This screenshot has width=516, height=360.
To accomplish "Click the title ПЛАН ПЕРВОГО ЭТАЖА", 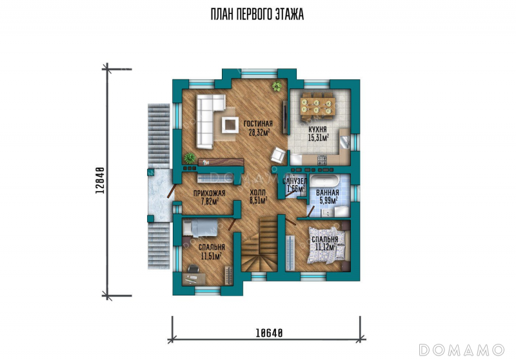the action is pos(257,14).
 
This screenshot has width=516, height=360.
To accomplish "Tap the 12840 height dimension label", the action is pos(100,180).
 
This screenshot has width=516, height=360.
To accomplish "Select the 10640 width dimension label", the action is pos(269,333).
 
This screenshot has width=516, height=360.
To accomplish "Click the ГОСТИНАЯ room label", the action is pos(258,124).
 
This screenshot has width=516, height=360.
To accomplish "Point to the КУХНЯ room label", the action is pos(317,129).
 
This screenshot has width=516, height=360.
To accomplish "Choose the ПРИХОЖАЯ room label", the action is pos(209,194).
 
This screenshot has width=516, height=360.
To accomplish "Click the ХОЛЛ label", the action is pos(257,192).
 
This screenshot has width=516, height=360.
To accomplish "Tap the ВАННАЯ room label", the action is pos(328,193).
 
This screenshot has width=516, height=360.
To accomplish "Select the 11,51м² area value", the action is pos(211,256).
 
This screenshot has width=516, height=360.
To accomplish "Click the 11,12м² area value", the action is pos(325,247).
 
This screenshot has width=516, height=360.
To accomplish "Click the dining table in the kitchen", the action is pos(318,106).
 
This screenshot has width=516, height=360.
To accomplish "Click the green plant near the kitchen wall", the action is pos(277,86).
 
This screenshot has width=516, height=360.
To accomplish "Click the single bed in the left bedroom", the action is pos(201,228).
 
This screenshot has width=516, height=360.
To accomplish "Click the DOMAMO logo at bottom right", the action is pos(462,350).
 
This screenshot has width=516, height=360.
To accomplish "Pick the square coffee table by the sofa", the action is pos(230,125).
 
